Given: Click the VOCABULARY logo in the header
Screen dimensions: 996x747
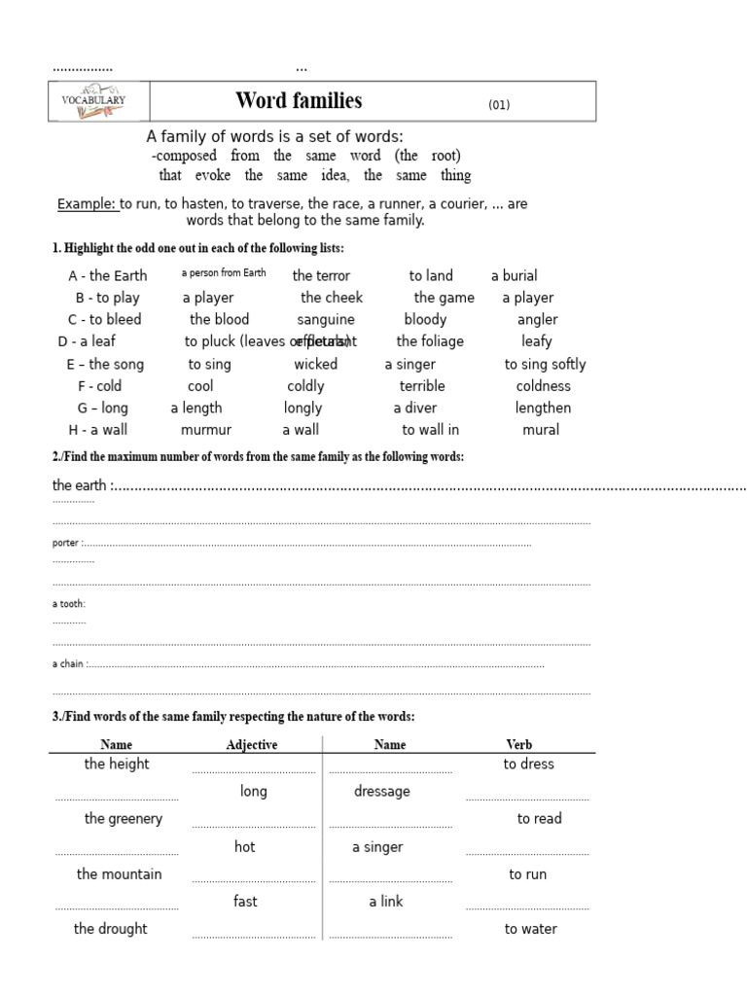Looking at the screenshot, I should pyautogui.click(x=93, y=101).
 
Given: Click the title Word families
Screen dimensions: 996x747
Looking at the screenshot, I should pyautogui.click(x=299, y=101).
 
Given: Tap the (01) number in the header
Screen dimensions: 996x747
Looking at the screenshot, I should pyautogui.click(x=499, y=105).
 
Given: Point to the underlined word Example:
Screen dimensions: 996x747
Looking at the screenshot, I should pyautogui.click(x=88, y=204).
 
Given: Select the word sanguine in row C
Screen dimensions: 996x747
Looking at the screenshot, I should pyautogui.click(x=326, y=319).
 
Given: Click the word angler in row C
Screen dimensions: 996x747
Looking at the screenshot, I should pyautogui.click(x=537, y=319).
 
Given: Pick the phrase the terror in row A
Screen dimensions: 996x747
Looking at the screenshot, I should pyautogui.click(x=321, y=275).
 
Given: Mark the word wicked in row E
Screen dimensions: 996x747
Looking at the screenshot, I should pyautogui.click(x=316, y=364).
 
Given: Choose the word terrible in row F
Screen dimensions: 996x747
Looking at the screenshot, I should pyautogui.click(x=422, y=386).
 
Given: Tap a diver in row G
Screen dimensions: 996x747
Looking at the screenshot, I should pyautogui.click(x=415, y=408).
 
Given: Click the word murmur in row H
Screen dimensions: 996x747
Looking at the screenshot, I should pyautogui.click(x=206, y=430).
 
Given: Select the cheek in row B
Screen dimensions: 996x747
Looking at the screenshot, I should pyautogui.click(x=332, y=298).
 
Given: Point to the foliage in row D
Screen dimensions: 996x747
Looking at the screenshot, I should pyautogui.click(x=430, y=341).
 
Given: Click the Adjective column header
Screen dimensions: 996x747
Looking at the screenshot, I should pyautogui.click(x=252, y=745).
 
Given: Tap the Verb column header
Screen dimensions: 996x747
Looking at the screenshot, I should pyautogui.click(x=519, y=745).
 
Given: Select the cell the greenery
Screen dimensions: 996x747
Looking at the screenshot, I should pyautogui.click(x=124, y=819).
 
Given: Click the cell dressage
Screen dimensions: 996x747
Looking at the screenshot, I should pyautogui.click(x=382, y=792).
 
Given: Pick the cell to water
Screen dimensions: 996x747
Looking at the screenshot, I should pyautogui.click(x=531, y=929).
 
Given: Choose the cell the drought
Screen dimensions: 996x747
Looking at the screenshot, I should pyautogui.click(x=111, y=929).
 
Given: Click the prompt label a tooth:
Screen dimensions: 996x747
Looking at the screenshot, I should pyautogui.click(x=69, y=604).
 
